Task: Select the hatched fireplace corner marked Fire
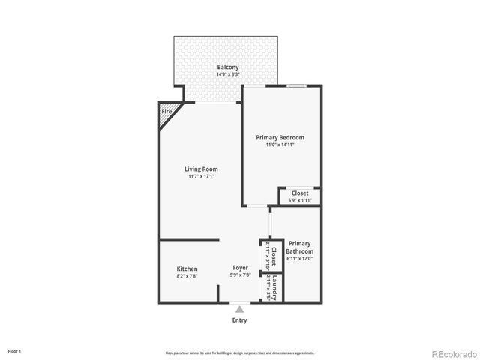[x=166, y=112]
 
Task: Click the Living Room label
[x=201, y=169]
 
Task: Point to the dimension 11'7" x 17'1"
[x=201, y=176]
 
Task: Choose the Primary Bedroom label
[x=280, y=137]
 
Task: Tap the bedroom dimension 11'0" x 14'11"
[x=280, y=145]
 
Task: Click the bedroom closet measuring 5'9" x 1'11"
[x=300, y=196]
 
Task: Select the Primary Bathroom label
[x=299, y=247]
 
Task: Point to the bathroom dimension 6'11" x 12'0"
[x=299, y=258]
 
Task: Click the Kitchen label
[x=187, y=268]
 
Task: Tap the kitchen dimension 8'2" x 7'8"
[x=187, y=276]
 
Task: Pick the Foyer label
[x=240, y=268]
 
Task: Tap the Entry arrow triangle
[x=239, y=307]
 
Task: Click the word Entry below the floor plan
[x=239, y=320]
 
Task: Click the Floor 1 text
[x=15, y=350]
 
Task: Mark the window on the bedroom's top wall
[x=297, y=85]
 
